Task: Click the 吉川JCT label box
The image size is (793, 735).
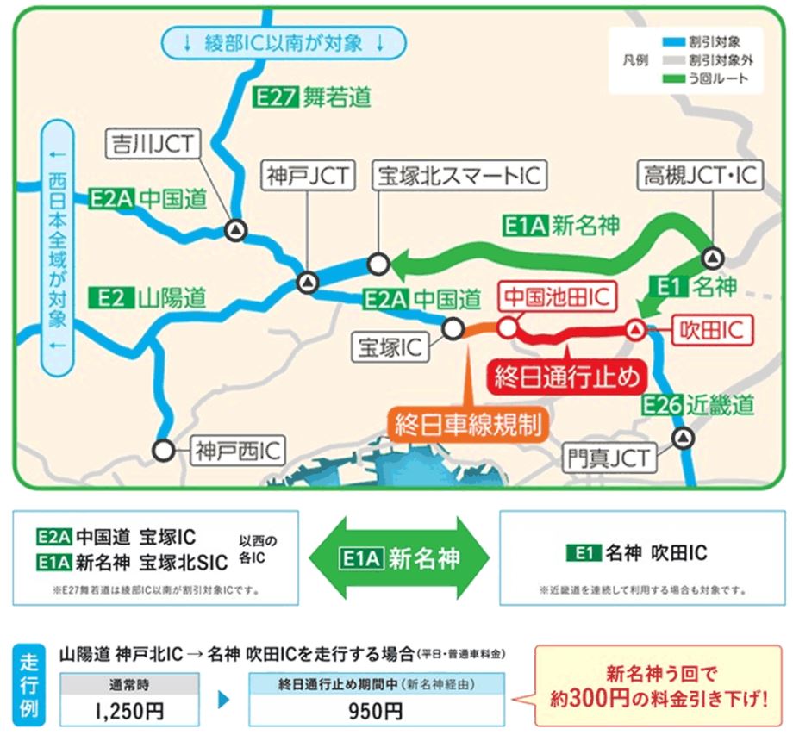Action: [152, 144]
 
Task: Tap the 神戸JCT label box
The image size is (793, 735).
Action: [307, 177]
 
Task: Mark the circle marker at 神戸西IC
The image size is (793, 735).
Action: [162, 449]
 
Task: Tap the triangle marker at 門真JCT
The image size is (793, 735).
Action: [683, 439]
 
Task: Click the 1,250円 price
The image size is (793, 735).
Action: [130, 712]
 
